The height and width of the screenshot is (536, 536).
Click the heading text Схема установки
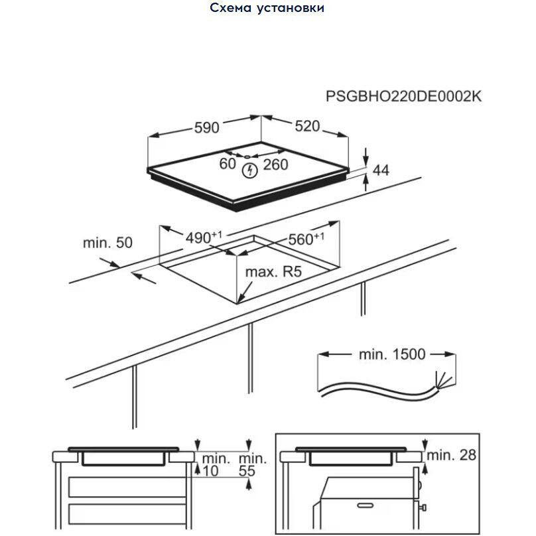(267, 8)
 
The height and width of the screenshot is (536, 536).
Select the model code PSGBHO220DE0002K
(403, 96)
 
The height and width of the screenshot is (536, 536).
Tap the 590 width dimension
(206, 127)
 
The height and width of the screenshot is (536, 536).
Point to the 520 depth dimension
(307, 126)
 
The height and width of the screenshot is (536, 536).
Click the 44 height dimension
(381, 170)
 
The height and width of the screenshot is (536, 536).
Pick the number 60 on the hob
(228, 164)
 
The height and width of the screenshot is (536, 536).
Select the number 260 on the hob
(275, 165)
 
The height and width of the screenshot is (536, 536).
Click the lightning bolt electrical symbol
(249, 170)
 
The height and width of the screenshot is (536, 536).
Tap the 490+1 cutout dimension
(204, 237)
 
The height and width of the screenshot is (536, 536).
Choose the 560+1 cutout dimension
(306, 239)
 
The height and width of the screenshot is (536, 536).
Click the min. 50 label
(107, 243)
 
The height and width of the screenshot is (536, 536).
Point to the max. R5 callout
(273, 272)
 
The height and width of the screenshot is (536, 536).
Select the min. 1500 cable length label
(392, 354)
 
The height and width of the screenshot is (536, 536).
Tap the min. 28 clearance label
(451, 455)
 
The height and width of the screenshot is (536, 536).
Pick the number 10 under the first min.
(210, 471)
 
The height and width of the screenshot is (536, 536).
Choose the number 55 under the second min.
(247, 471)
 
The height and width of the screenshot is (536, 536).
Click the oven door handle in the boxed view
(365, 505)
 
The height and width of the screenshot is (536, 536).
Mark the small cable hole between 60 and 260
(247, 157)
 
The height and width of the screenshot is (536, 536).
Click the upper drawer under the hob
(127, 487)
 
